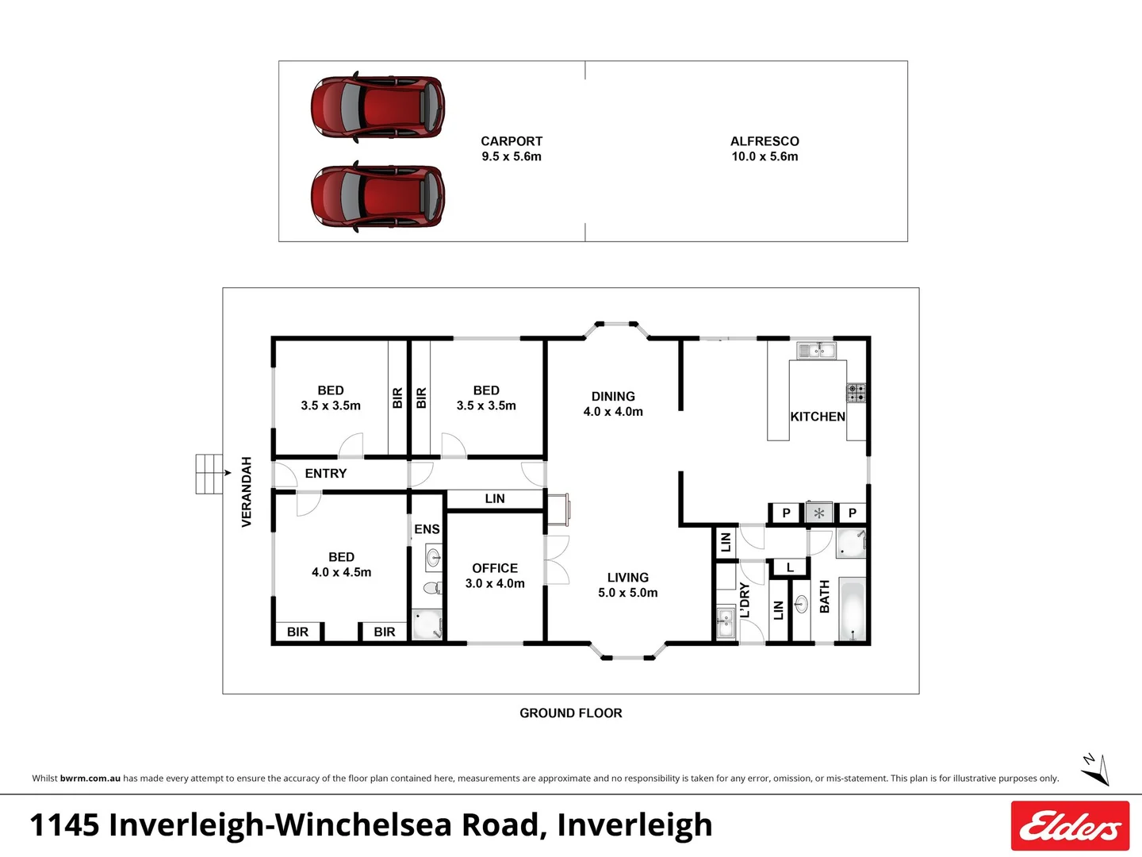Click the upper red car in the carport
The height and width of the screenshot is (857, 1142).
tap(377, 107)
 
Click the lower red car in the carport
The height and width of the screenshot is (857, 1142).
tap(377, 196)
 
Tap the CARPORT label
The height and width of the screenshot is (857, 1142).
tap(512, 141)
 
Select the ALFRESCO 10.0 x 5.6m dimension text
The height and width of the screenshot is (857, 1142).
tap(765, 156)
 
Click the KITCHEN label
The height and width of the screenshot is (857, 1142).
tap(817, 417)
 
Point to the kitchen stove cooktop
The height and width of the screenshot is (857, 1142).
tap(856, 392)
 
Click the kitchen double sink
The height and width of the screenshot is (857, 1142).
tap(816, 350)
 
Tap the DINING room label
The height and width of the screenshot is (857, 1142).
tap(613, 396)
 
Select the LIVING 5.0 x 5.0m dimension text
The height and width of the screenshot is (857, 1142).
tap(627, 593)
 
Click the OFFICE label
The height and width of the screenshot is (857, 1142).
tap(495, 568)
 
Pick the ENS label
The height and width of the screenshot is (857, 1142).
tap(427, 529)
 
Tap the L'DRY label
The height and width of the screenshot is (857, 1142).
tap(745, 600)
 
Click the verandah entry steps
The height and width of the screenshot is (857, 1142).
tap(209, 474)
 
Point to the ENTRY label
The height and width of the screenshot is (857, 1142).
tap(326, 474)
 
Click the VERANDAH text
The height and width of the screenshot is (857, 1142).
tap(247, 491)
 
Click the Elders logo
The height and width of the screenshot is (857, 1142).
tap(1070, 825)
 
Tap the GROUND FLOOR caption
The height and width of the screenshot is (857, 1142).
tap(570, 713)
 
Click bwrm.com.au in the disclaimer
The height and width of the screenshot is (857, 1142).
tap(90, 778)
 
